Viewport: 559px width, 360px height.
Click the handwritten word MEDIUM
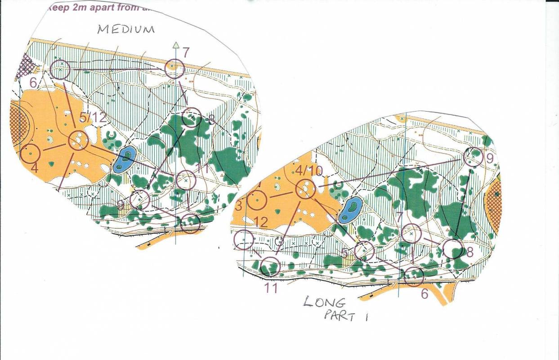[x=126, y=30]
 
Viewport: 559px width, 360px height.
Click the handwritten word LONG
[x=324, y=301]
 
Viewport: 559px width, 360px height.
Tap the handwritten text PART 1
[x=346, y=315]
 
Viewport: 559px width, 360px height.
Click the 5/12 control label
[x=93, y=118]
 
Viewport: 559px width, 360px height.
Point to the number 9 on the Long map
[x=490, y=158]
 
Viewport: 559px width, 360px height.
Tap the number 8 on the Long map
[x=470, y=252]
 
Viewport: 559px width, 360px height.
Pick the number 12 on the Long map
[x=261, y=221]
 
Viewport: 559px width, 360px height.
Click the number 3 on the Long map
[x=239, y=206]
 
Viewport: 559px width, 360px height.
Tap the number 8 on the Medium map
[x=211, y=120]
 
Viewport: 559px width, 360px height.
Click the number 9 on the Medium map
[x=121, y=205]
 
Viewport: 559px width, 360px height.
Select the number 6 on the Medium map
[x=33, y=83]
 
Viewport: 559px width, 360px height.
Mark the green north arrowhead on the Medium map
[x=176, y=45]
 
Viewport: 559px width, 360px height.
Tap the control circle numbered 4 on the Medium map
[x=30, y=153]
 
